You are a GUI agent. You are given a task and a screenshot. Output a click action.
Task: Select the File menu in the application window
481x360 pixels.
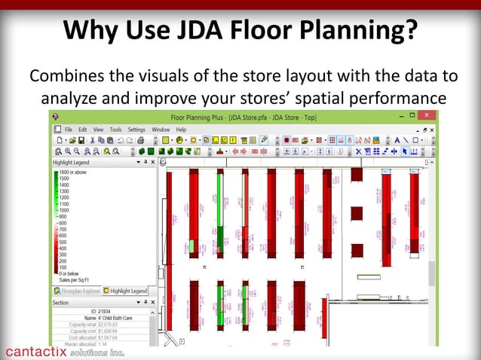pyautogui.click(x=68, y=130)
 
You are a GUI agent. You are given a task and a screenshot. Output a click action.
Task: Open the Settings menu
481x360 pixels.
pyautogui.click(x=136, y=130)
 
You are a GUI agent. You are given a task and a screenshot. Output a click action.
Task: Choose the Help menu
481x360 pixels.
pyautogui.click(x=181, y=130)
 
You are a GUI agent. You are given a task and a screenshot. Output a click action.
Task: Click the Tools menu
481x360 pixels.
pyautogui.click(x=114, y=130)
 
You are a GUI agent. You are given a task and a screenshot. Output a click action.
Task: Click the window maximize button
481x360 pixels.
pyautogui.click(x=412, y=116)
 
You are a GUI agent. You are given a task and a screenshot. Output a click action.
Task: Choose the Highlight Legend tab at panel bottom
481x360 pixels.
pyautogui.click(x=125, y=291)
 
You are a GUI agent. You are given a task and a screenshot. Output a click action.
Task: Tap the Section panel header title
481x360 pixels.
pyautogui.click(x=61, y=302)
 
